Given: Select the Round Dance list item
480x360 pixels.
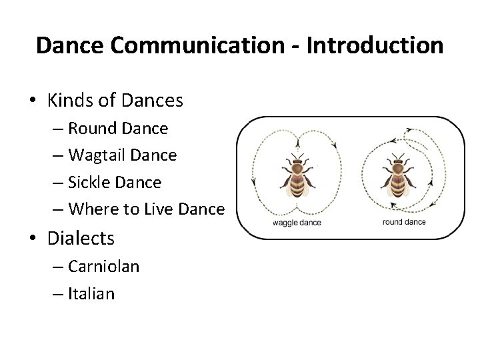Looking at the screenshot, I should click(118, 127).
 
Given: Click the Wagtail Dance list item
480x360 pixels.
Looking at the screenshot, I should click(122, 155).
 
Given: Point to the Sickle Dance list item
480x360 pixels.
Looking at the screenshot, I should click(115, 182).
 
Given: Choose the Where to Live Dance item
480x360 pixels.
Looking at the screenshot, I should click(146, 209).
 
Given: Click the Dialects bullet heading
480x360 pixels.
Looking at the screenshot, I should click(81, 237).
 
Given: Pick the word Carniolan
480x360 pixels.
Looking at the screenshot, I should click(103, 266).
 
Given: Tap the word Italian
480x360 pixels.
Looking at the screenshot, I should click(91, 293).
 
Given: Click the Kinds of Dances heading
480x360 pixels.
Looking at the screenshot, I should click(115, 100).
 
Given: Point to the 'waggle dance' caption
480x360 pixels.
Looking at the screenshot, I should click(297, 223).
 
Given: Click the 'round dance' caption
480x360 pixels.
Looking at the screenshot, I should click(404, 221).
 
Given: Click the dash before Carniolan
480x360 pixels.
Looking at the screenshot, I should click(58, 267).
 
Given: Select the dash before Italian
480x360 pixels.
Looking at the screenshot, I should click(58, 294).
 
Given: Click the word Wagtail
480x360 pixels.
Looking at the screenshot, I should click(97, 155).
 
